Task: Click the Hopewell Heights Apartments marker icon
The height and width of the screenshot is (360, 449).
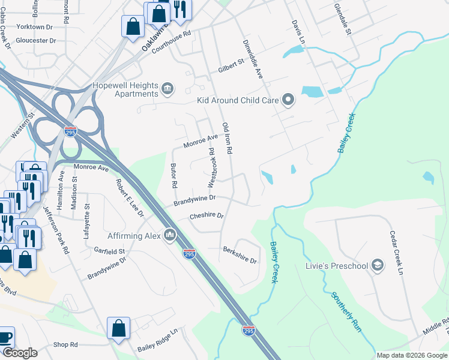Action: pyautogui.click(x=168, y=90)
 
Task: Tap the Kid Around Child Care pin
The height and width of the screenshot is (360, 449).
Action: pyautogui.click(x=289, y=100)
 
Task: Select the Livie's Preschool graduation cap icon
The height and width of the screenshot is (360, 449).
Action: pyautogui.click(x=378, y=265)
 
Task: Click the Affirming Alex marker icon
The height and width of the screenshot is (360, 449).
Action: pyautogui.click(x=169, y=236)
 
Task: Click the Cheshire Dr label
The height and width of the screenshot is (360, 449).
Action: pyautogui.click(x=206, y=215)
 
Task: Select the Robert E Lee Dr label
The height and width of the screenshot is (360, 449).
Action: pyautogui.click(x=130, y=198)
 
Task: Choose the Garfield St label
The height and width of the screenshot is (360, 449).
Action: pyautogui.click(x=109, y=251)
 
